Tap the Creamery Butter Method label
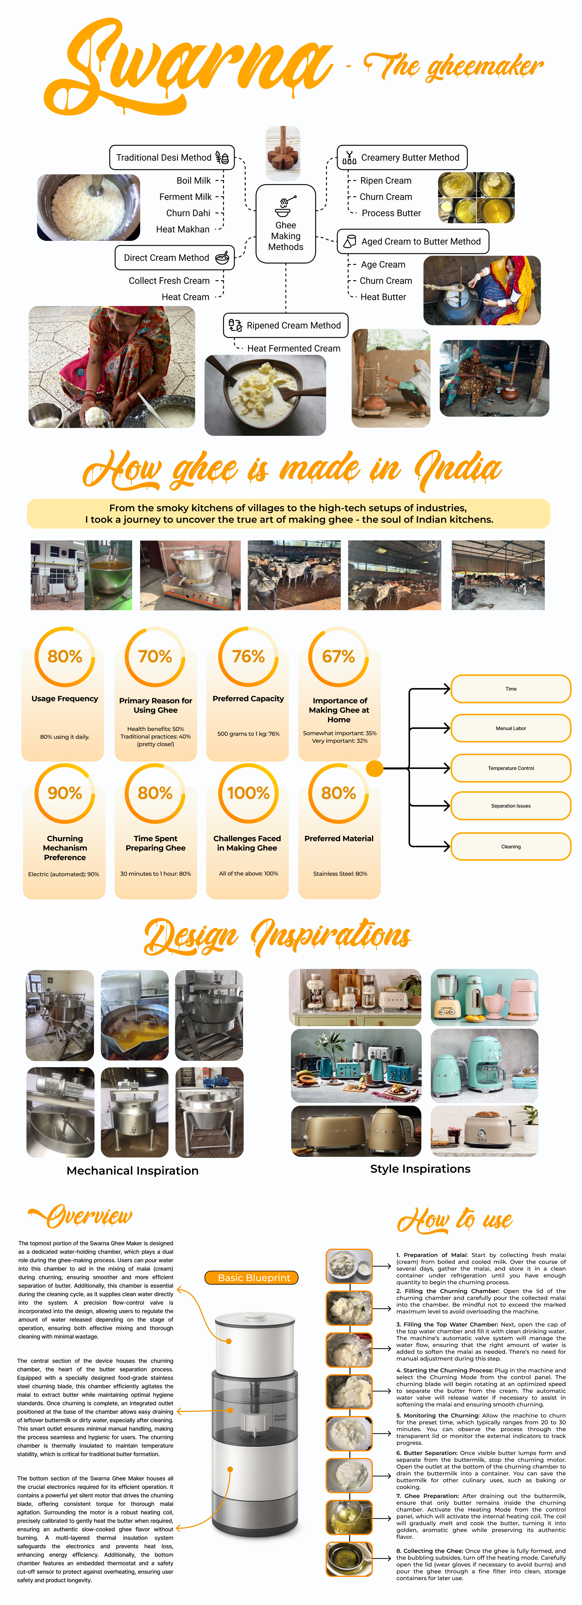[402, 158]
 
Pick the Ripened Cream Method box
[285, 325]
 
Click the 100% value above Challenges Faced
[248, 793]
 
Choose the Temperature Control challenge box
[510, 768]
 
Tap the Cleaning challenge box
[510, 847]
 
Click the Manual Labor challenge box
[510, 728]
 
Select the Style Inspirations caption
[420, 1169]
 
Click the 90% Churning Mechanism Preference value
[65, 793]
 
